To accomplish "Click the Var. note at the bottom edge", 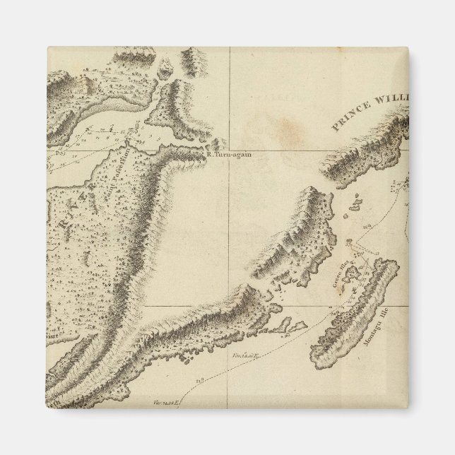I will [x=162, y=401].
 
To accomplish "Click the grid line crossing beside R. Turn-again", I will [x=229, y=149].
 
